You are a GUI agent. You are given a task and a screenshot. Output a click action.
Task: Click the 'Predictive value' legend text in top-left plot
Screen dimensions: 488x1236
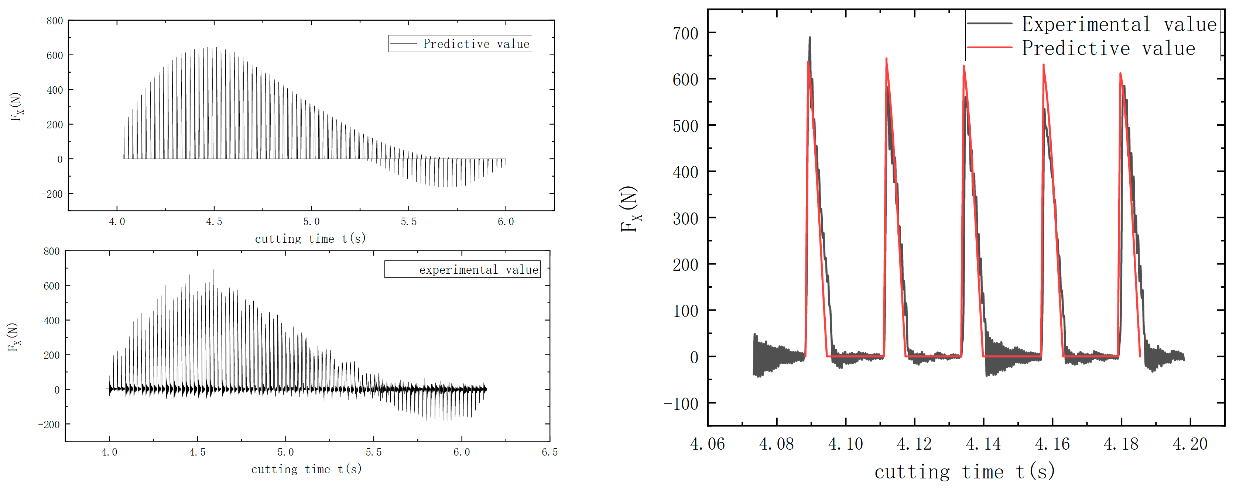pyautogui.click(x=476, y=44)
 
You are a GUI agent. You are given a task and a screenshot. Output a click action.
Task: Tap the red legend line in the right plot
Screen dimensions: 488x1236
pyautogui.click(x=989, y=48)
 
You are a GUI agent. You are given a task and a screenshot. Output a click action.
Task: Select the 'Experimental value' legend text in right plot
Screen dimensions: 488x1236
pyautogui.click(x=1119, y=24)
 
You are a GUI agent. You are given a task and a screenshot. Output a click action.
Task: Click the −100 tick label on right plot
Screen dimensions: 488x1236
pyautogui.click(x=681, y=404)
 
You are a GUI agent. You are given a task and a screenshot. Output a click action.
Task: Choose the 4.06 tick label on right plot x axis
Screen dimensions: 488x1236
pyautogui.click(x=707, y=443)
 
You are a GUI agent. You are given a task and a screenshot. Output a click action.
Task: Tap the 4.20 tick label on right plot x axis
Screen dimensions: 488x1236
pyautogui.click(x=1190, y=443)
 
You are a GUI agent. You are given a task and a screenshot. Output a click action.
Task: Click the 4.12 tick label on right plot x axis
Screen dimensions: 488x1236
pyautogui.click(x=914, y=443)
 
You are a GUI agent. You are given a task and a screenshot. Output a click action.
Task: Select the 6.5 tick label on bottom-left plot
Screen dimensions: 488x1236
pyautogui.click(x=549, y=452)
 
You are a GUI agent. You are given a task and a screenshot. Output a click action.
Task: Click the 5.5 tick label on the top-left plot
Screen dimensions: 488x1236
pyautogui.click(x=408, y=221)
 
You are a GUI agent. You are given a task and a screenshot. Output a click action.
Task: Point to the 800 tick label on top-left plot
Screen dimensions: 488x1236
pyautogui.click(x=55, y=21)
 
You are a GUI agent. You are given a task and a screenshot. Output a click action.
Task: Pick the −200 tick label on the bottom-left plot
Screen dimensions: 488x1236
pyautogui.click(x=49, y=425)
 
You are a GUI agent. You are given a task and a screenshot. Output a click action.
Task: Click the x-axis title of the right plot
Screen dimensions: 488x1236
pyautogui.click(x=965, y=472)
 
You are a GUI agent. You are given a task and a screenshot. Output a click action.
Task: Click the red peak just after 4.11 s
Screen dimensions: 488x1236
pyautogui.click(x=886, y=59)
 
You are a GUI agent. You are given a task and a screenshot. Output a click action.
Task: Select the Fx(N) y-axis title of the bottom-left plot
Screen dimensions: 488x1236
pyautogui.click(x=13, y=337)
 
